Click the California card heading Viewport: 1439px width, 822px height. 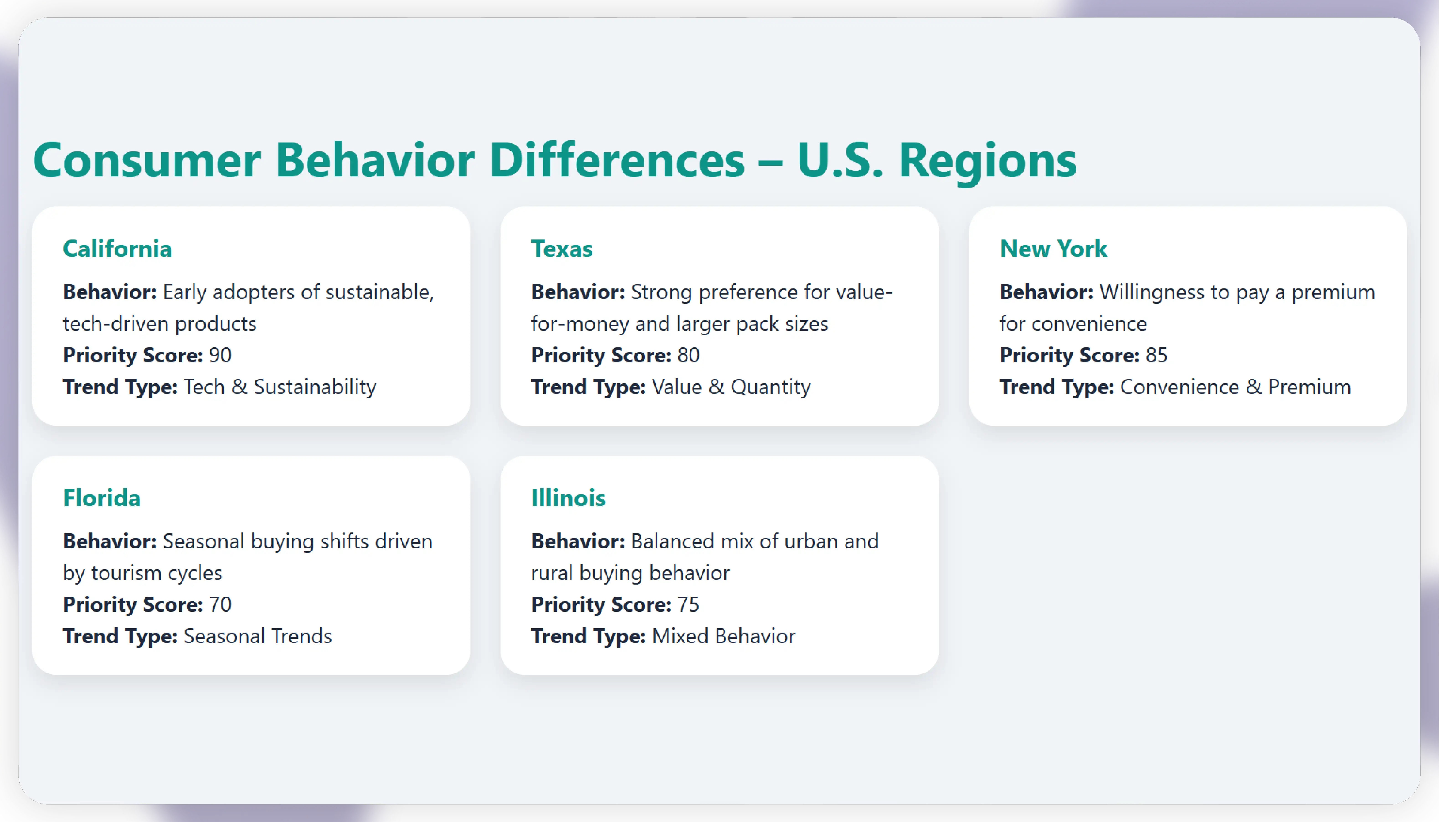click(117, 249)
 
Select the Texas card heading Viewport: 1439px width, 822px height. click(562, 249)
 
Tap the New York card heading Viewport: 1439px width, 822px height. click(1053, 249)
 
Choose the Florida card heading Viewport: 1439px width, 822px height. click(102, 498)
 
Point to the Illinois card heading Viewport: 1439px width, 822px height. click(568, 498)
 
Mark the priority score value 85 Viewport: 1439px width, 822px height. click(1156, 355)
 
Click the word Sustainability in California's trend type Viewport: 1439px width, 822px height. click(315, 387)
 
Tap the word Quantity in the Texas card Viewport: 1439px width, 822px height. click(771, 387)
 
